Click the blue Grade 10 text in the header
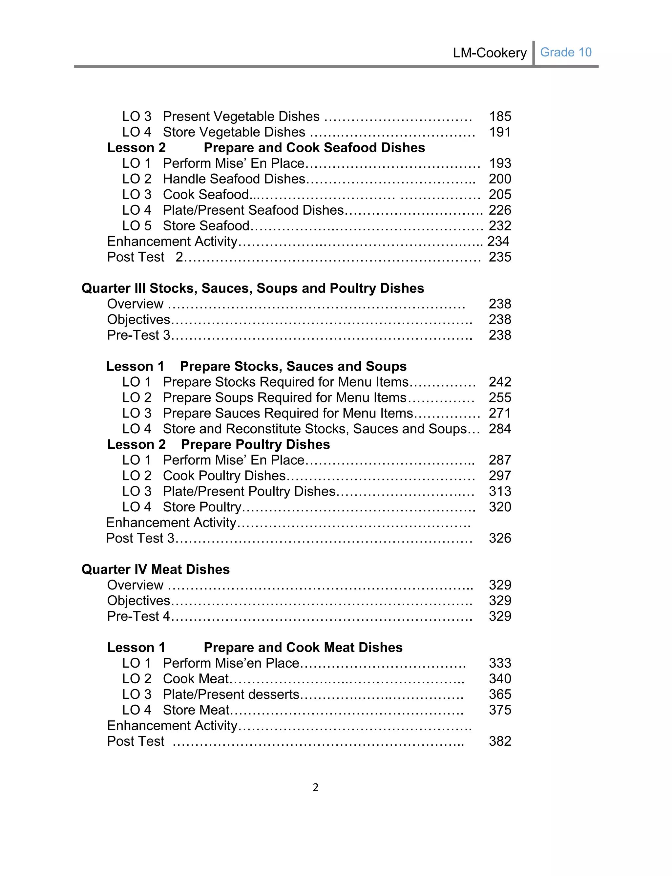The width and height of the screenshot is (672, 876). pos(565,53)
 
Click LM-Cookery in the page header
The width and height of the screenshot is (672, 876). pos(489,53)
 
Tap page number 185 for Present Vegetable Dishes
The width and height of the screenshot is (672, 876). pos(500,117)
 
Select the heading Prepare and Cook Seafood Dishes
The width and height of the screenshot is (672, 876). pos(314,148)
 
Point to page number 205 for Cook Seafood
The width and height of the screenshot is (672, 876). pos(500,194)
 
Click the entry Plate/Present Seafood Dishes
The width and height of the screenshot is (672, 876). pos(253,210)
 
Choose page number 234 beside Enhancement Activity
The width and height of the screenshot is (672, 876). pos(498,241)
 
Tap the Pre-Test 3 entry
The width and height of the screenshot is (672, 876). pos(138,335)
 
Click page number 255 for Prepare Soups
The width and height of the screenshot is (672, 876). pos(500,397)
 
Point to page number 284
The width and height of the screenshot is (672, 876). pos(500,429)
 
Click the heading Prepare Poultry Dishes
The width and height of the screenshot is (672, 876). pos(255,444)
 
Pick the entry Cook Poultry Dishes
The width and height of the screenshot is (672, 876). pos(224,476)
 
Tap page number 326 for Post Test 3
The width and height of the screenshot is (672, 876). pos(500,538)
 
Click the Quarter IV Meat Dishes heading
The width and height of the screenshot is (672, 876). pos(156,569)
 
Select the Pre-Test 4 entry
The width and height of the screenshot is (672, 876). pos(138,616)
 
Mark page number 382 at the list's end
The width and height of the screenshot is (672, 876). pos(500,741)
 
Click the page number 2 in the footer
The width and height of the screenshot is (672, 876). pos(316,787)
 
